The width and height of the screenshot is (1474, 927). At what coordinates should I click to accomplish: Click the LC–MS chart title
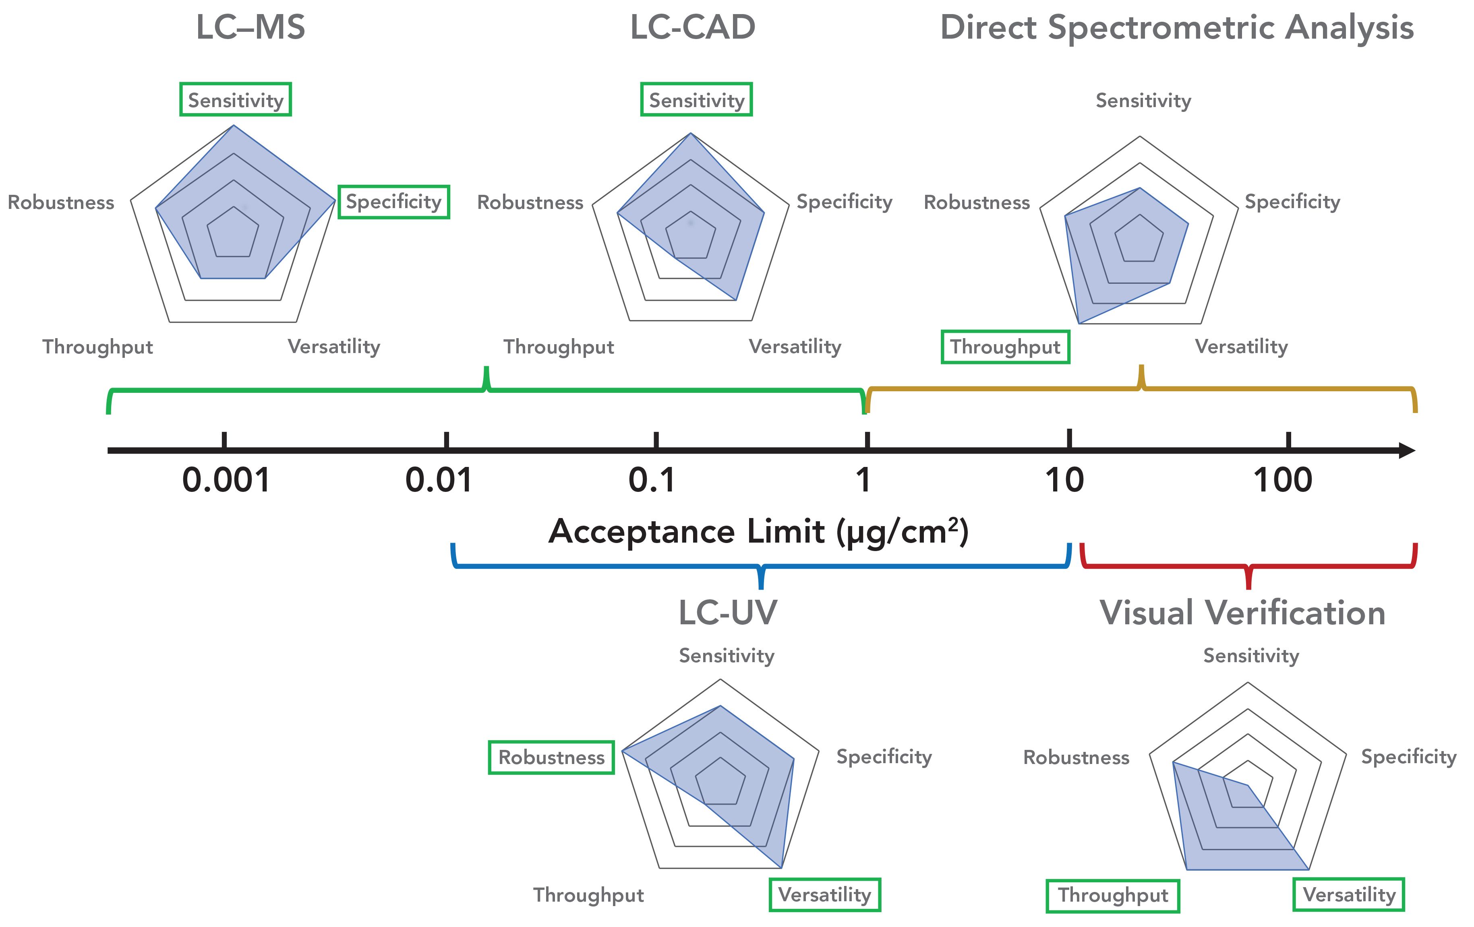pyautogui.click(x=250, y=27)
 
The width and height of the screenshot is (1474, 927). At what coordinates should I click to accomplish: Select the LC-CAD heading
pyautogui.click(x=693, y=27)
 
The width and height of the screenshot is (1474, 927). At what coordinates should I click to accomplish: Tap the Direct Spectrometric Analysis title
pyautogui.click(x=1176, y=27)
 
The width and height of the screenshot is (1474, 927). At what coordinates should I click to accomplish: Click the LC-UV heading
pyautogui.click(x=728, y=613)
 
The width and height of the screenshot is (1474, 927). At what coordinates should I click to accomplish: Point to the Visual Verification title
pyautogui.click(x=1242, y=613)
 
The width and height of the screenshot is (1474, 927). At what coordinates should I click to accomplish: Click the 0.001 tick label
pyautogui.click(x=226, y=480)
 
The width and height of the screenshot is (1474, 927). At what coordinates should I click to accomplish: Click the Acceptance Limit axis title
pyautogui.click(x=758, y=531)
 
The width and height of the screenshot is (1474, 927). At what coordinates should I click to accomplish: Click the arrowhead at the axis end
pyautogui.click(x=1407, y=451)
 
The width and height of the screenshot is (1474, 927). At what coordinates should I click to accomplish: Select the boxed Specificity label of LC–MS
pyautogui.click(x=393, y=202)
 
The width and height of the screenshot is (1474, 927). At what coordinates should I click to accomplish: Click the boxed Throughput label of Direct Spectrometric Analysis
pyautogui.click(x=1005, y=347)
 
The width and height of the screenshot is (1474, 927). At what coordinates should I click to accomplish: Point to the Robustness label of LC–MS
pyautogui.click(x=60, y=202)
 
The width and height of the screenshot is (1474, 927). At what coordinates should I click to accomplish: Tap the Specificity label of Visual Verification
pyautogui.click(x=1408, y=757)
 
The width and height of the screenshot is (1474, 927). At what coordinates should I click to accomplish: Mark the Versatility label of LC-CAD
pyautogui.click(x=795, y=347)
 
